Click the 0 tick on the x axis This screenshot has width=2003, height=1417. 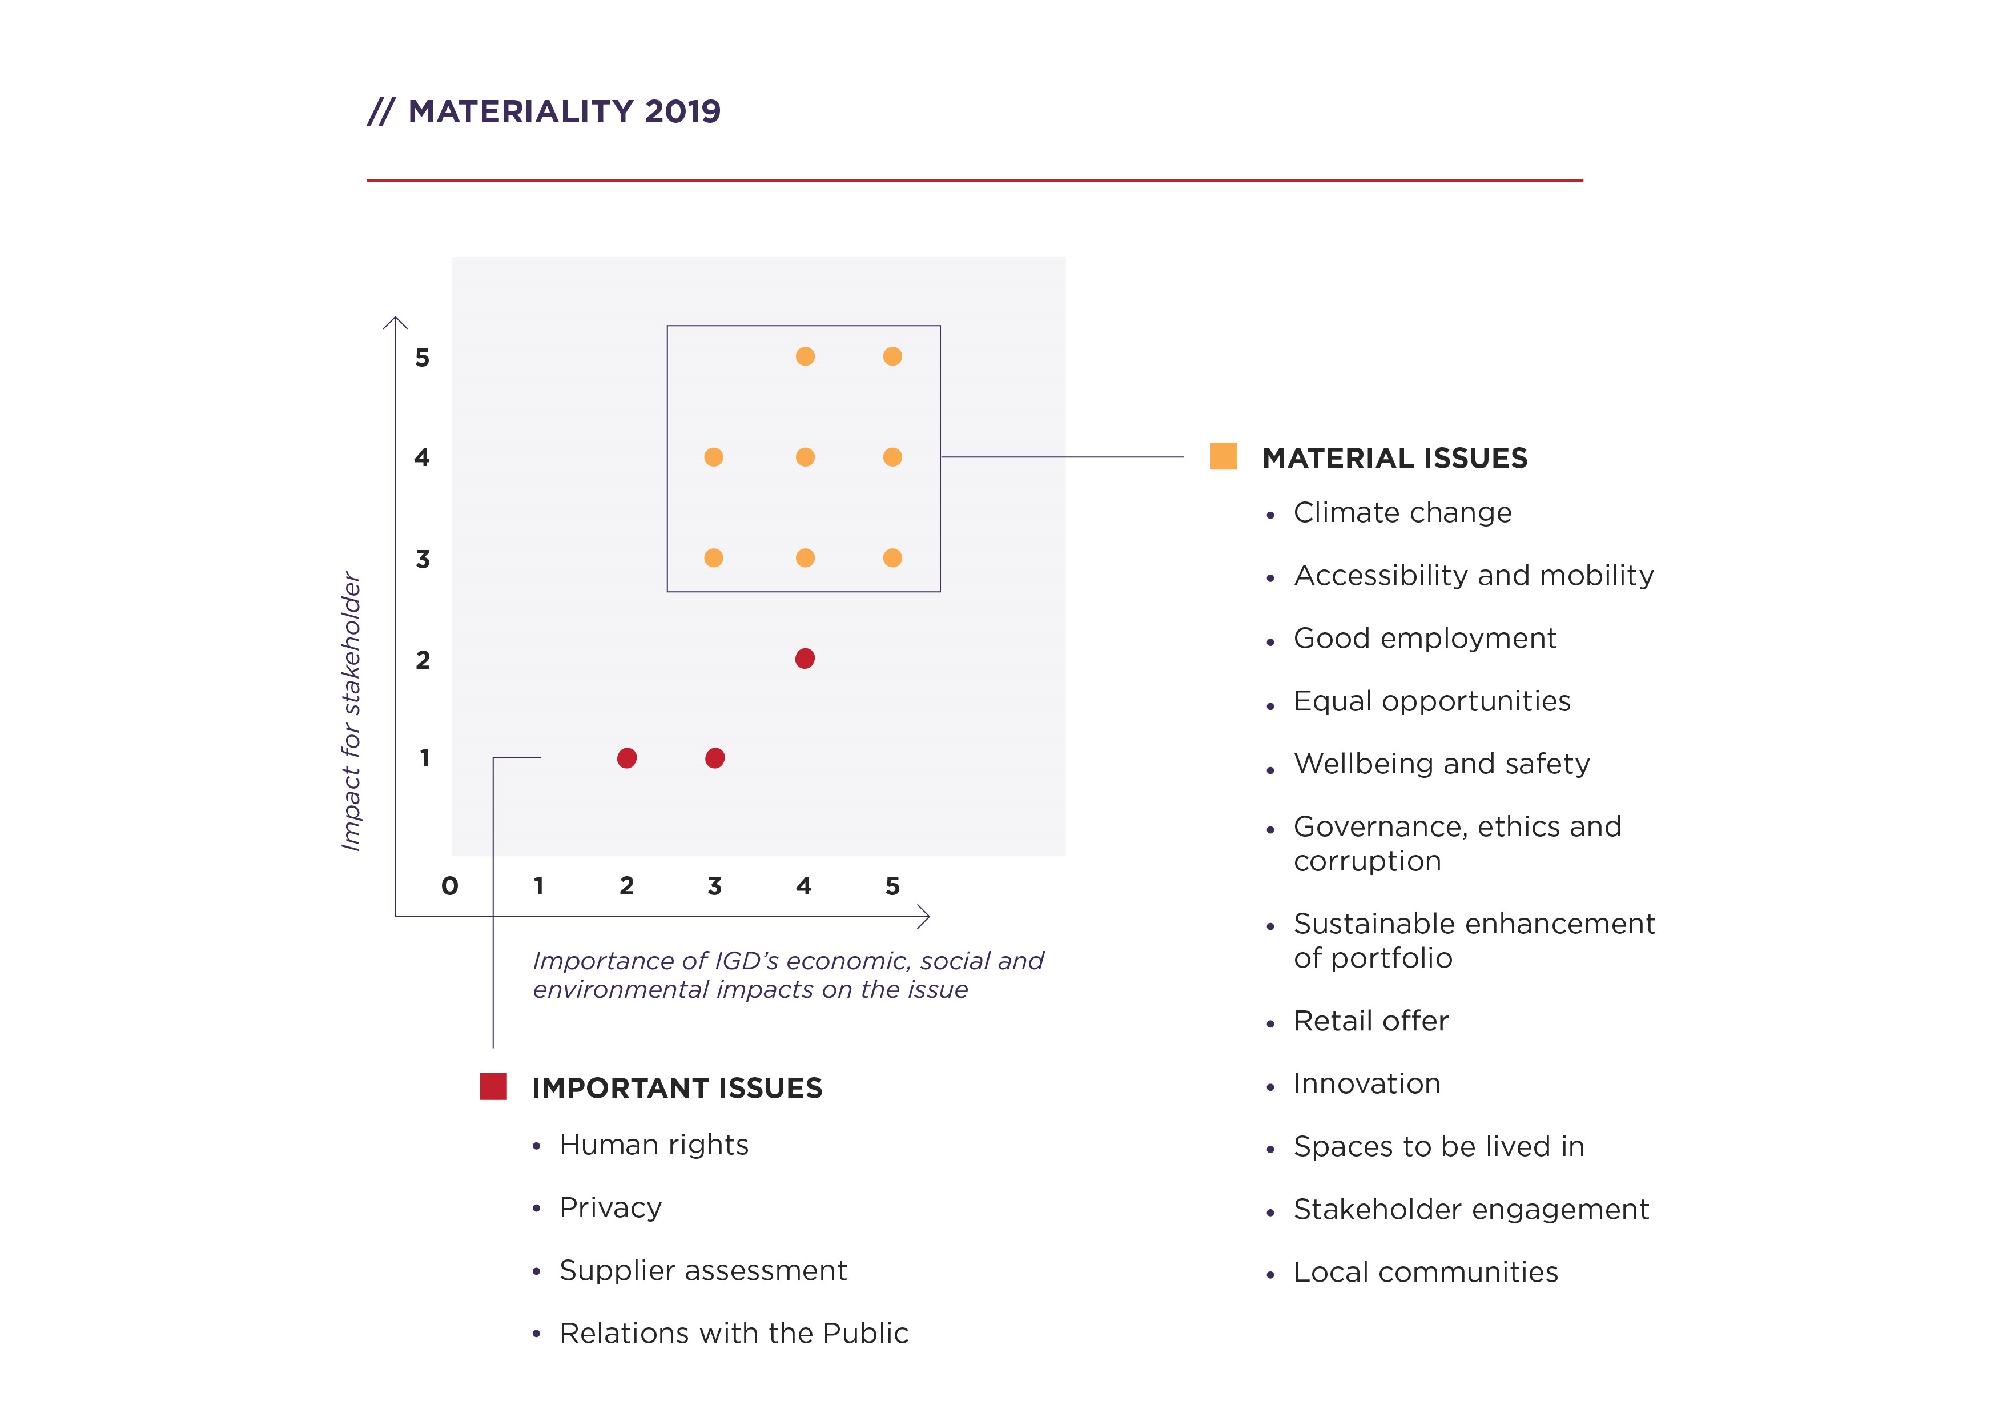coord(449,886)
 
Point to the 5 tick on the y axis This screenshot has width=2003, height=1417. coord(422,358)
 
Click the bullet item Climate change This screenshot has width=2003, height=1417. coord(1402,513)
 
